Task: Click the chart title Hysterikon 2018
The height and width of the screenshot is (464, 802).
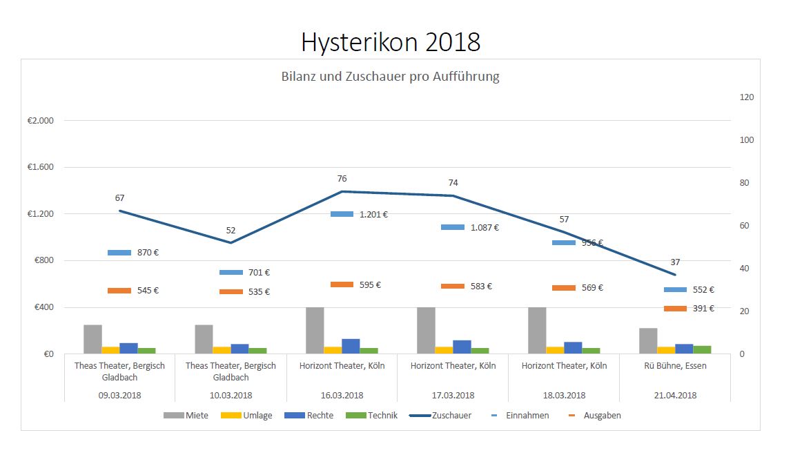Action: (391, 43)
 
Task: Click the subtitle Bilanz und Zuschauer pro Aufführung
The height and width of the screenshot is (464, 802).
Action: (390, 77)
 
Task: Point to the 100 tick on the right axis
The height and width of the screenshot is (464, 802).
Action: (746, 140)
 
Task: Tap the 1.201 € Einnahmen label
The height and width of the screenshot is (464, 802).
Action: (373, 215)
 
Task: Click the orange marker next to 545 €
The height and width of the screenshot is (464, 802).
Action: (119, 291)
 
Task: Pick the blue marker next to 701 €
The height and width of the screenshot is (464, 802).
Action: (231, 273)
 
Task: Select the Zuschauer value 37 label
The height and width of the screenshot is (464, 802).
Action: (675, 262)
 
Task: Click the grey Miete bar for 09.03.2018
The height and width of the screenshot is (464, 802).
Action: (92, 339)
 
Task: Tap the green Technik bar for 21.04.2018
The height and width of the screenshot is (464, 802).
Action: (702, 349)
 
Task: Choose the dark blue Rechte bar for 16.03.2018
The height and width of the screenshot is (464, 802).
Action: (351, 346)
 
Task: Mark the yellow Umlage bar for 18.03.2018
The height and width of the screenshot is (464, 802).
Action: (555, 350)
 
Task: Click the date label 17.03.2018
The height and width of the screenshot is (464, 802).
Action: (452, 396)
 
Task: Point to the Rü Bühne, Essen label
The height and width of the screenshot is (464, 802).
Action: (674, 366)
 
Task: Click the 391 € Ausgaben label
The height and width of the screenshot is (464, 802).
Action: (703, 309)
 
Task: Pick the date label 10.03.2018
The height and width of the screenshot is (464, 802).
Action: (230, 396)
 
